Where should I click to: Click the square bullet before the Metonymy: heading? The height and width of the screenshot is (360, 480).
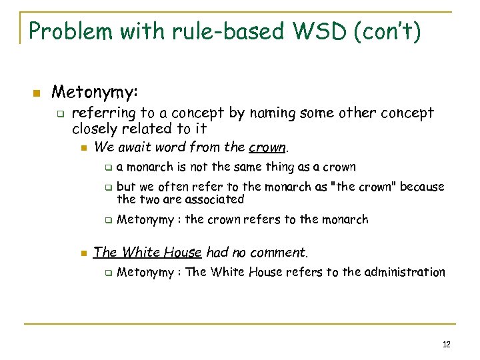click(x=37, y=92)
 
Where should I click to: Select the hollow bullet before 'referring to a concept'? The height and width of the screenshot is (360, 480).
click(x=59, y=114)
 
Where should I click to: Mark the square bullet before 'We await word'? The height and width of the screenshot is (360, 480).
click(x=83, y=147)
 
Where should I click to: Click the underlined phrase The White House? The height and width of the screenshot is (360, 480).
click(x=147, y=252)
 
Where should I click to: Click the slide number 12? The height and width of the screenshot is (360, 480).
click(x=446, y=344)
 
